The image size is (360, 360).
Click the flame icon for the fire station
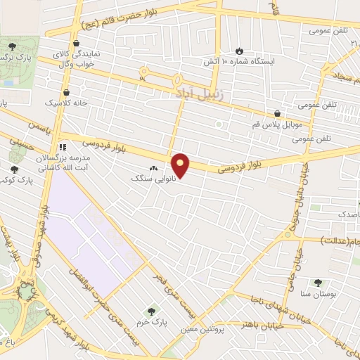point(240,51)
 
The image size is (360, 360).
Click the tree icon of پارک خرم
point(150,311)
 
